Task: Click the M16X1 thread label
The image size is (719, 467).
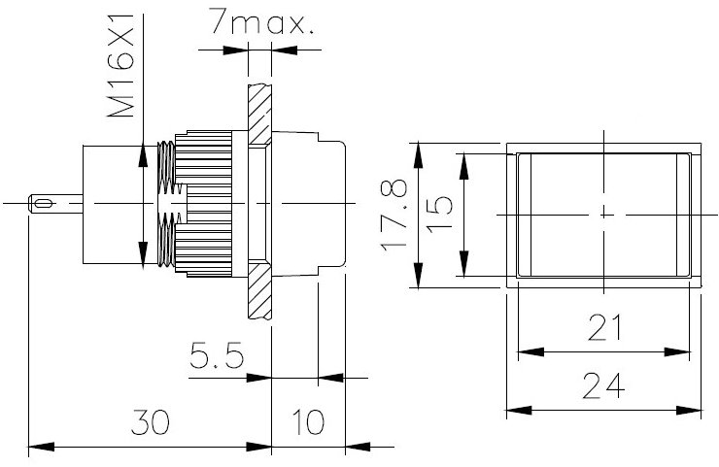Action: [120, 65]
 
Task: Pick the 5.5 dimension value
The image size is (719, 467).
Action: [215, 358]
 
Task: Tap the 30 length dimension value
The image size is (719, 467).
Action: [151, 423]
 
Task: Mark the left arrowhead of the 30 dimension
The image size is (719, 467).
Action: [36, 448]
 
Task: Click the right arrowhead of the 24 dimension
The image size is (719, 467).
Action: [697, 410]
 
